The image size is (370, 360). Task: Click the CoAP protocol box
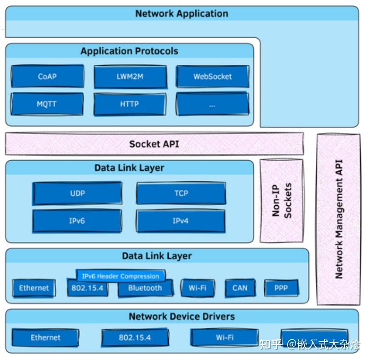pyautogui.click(x=47, y=76)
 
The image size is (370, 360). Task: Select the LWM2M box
pyautogui.click(x=130, y=76)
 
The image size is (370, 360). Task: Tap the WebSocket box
pyautogui.click(x=212, y=76)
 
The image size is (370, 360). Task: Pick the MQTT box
pyautogui.click(x=47, y=104)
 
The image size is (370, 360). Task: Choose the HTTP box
pyautogui.click(x=130, y=104)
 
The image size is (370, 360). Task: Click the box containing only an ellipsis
pyautogui.click(x=212, y=104)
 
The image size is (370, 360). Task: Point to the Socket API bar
pyautogui.click(x=154, y=144)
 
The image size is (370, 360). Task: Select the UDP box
pyautogui.click(x=77, y=193)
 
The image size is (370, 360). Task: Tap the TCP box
pyautogui.click(x=181, y=193)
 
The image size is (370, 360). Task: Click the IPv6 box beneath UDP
pyautogui.click(x=77, y=221)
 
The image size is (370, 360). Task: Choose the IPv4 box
pyautogui.click(x=181, y=221)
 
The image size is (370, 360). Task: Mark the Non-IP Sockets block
pyautogui.click(x=282, y=200)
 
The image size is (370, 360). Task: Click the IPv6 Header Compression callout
pyautogui.click(x=120, y=276)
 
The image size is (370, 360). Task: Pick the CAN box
pyautogui.click(x=240, y=288)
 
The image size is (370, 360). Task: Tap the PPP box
pyautogui.click(x=282, y=288)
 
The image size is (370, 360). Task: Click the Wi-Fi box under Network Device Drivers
pyautogui.click(x=225, y=337)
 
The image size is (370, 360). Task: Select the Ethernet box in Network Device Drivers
pyautogui.click(x=46, y=337)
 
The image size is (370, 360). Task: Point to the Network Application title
pyautogui.click(x=182, y=13)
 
